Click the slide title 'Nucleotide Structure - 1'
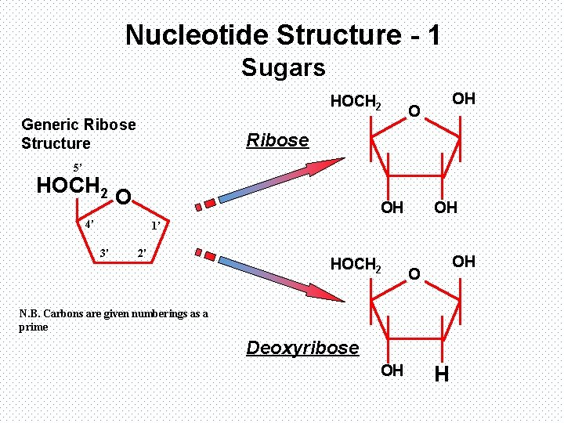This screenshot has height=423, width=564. coord(282,35)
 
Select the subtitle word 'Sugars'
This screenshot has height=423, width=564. coord(283,68)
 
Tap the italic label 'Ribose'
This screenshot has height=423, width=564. coord(277,140)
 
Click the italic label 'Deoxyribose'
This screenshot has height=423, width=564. coord(302,347)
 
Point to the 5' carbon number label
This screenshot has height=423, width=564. coord(78,168)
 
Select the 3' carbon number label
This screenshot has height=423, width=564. coord(103,252)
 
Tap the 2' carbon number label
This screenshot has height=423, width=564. coord(142,252)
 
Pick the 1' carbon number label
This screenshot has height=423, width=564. coord(155,226)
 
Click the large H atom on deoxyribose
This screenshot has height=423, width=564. coord(441,375)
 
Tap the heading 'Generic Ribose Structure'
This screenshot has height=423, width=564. coord(78,134)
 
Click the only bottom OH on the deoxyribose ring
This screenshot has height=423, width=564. coord(392,370)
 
